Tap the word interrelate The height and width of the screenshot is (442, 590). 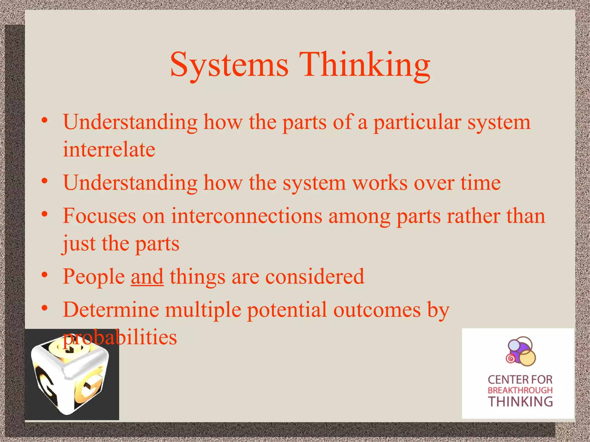109,150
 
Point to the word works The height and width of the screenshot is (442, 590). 380,183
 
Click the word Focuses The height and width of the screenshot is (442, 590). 99,216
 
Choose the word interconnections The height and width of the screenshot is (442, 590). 247,216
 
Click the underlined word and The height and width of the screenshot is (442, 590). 147,277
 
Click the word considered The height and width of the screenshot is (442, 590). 315,277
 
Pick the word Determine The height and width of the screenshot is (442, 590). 111,310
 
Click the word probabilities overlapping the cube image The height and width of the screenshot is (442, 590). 120,337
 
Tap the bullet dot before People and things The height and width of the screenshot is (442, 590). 44,275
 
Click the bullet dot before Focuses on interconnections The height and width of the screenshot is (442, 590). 44,214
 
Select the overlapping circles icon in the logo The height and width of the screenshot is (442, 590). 520,352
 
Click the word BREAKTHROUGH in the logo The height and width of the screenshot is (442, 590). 520,390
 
